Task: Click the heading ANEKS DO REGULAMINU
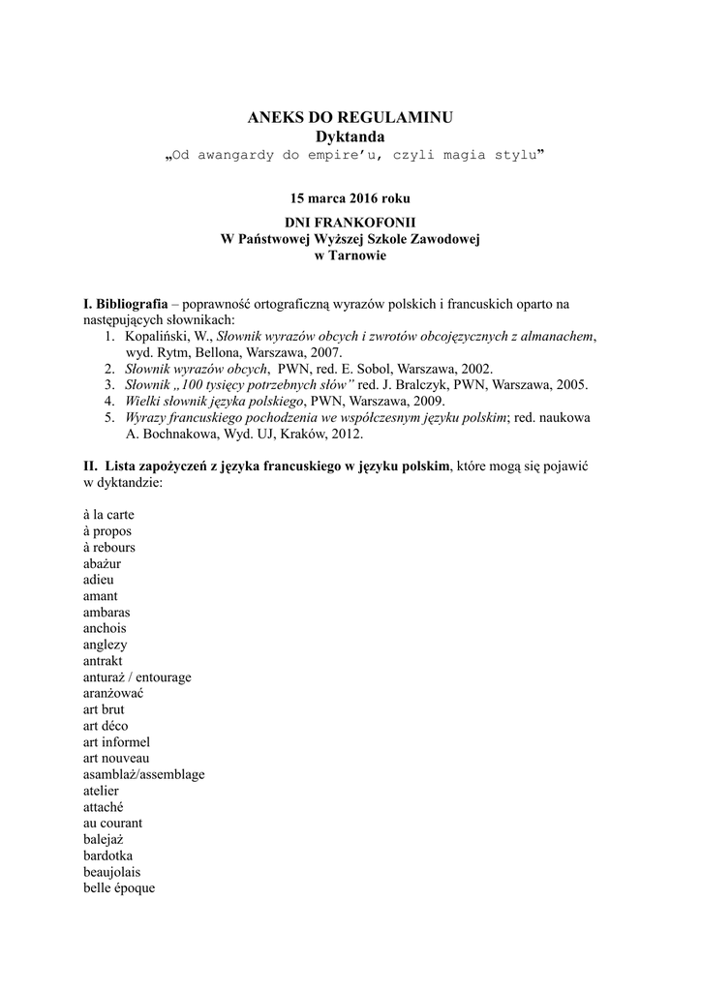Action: [x=350, y=118]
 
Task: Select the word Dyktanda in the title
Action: [x=350, y=137]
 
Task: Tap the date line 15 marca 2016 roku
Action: [x=350, y=198]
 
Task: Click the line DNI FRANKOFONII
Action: [x=350, y=223]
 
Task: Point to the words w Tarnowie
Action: [x=350, y=255]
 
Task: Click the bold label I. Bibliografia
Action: [x=127, y=304]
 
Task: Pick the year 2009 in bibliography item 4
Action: [x=424, y=401]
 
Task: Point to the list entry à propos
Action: [x=107, y=531]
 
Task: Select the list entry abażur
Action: [x=102, y=563]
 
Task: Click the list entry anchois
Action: [x=105, y=628]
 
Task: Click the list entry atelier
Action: [x=101, y=791]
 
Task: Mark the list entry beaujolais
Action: [x=111, y=872]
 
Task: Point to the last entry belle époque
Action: [x=118, y=888]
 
